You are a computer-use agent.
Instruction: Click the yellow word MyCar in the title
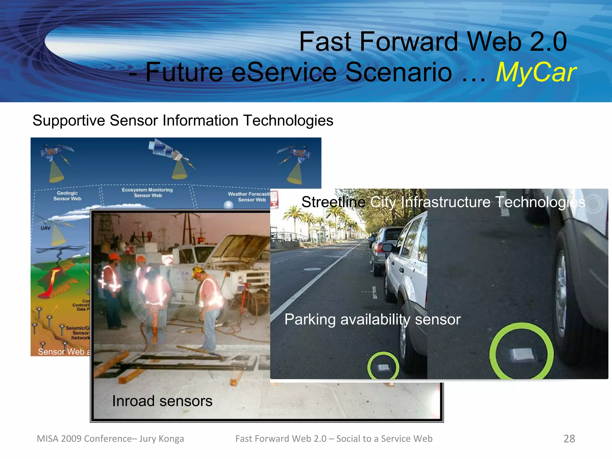point(536,72)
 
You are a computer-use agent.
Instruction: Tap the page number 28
point(569,439)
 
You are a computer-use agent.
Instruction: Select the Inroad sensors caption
point(162,401)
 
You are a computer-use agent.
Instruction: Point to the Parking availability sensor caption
point(372,319)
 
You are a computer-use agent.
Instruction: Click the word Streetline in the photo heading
point(333,202)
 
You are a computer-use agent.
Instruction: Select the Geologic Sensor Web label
point(67,196)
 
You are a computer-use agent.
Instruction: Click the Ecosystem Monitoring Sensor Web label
point(147,193)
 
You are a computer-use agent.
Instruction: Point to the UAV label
point(45,228)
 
